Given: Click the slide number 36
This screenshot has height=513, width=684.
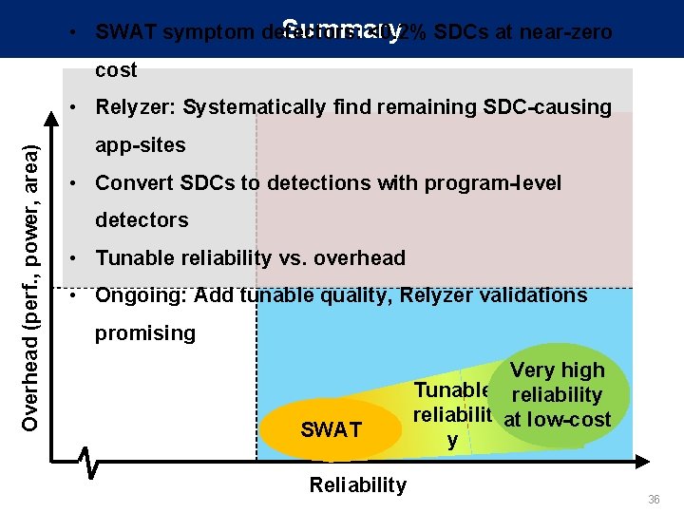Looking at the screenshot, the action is (654, 500).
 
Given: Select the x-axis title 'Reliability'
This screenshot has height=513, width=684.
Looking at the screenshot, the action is (357, 485).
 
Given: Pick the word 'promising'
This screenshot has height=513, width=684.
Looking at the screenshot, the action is (145, 332).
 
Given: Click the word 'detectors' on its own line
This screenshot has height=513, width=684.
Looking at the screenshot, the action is (142, 220).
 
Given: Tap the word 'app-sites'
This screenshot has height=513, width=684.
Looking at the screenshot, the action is (141, 145).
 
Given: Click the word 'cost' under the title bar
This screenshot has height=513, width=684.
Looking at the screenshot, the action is (116, 70).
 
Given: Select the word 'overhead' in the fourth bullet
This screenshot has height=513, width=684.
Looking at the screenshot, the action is (362, 257).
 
